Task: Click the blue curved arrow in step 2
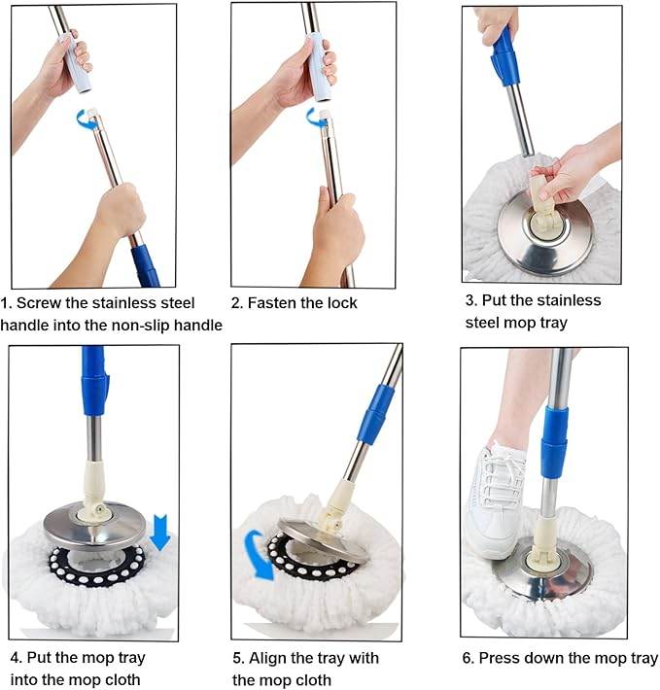tap(315, 119)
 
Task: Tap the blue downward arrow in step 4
tap(160, 532)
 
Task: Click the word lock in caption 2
tap(340, 303)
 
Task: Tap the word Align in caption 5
tap(271, 658)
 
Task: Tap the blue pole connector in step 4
tap(95, 380)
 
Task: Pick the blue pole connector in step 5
tap(374, 413)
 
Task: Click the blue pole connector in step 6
tap(554, 441)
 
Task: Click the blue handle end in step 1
tap(145, 265)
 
